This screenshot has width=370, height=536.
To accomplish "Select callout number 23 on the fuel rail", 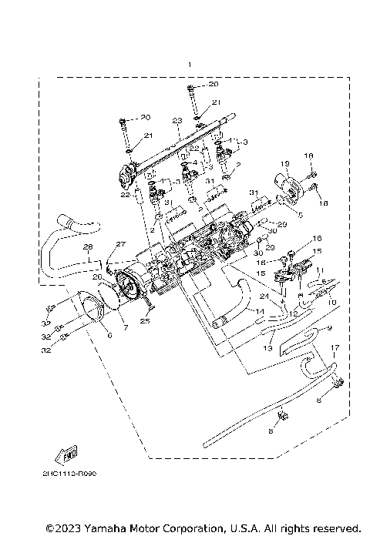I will (177, 122).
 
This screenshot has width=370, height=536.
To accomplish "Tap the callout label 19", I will (284, 164).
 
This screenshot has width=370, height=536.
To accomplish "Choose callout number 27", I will (120, 244).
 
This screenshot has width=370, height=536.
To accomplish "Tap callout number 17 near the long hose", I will (335, 348).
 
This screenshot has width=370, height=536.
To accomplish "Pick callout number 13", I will (268, 348).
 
